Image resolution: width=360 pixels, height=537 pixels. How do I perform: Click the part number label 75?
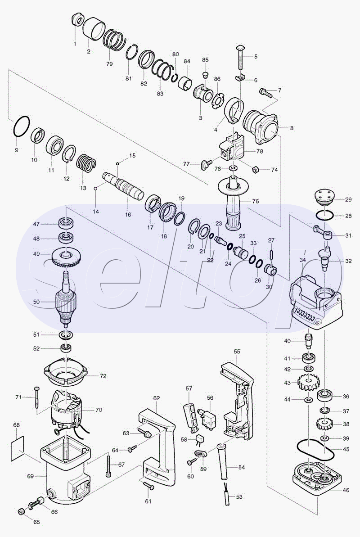tap(256, 201)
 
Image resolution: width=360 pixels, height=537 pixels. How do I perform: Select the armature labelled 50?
tap(66, 297)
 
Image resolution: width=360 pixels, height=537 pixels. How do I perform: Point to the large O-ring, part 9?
tap(22, 126)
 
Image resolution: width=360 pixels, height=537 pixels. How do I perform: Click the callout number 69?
tap(31, 476)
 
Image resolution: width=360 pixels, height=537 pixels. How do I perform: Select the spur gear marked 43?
tap(309, 383)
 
